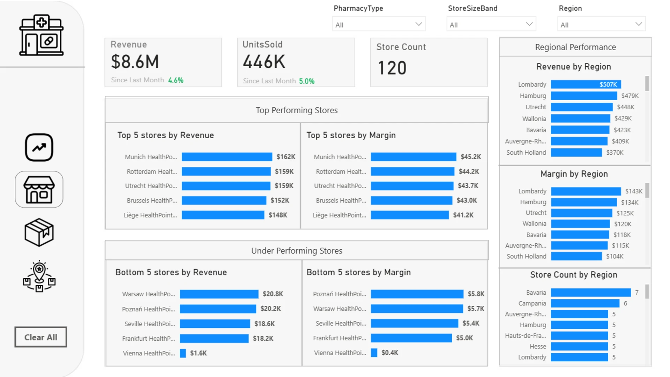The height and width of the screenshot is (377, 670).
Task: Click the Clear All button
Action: pyautogui.click(x=40, y=337)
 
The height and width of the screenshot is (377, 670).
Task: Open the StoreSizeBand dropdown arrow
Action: pyautogui.click(x=529, y=24)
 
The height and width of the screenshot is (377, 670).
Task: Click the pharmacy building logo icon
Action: pyautogui.click(x=42, y=35)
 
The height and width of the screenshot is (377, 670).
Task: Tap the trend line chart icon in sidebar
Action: pyautogui.click(x=39, y=147)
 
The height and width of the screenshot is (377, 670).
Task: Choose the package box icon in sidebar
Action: pyautogui.click(x=39, y=232)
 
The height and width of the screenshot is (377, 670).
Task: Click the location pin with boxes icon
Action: pyautogui.click(x=39, y=276)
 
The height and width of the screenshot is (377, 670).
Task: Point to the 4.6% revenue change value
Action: pyautogui.click(x=176, y=80)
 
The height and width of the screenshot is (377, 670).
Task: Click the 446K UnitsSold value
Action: pyautogui.click(x=264, y=62)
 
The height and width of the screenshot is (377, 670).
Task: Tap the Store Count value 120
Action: pyautogui.click(x=392, y=68)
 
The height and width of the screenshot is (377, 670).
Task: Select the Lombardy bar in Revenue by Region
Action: pyautogui.click(x=586, y=84)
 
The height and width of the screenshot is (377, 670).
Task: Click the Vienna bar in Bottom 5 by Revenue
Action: pyautogui.click(x=183, y=353)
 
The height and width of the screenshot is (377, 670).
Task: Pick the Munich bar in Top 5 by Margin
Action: pyautogui.click(x=414, y=157)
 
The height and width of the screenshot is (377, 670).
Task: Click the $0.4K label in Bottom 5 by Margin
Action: pyautogui.click(x=390, y=353)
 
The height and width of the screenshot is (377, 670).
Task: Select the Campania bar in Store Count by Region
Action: pyautogui.click(x=585, y=303)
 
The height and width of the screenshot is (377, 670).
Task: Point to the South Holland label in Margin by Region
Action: pyautogui.click(x=527, y=256)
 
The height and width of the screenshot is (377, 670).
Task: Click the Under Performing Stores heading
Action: pyautogui.click(x=297, y=251)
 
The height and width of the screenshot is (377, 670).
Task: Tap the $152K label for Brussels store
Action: pyautogui.click(x=280, y=200)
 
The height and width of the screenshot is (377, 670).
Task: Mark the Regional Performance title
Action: pyautogui.click(x=575, y=47)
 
